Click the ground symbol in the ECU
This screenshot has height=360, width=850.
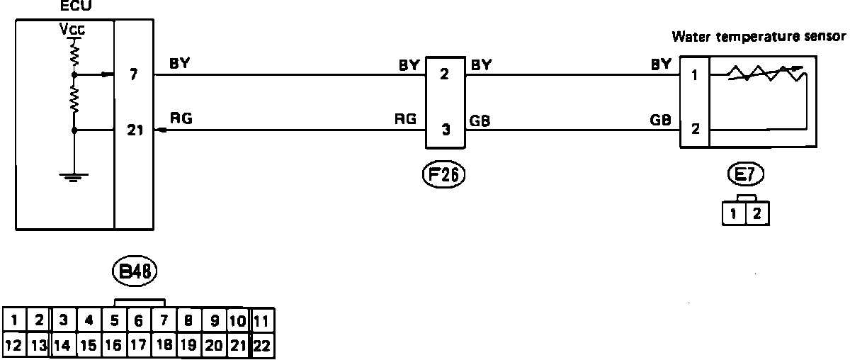click(73, 178)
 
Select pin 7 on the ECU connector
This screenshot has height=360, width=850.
click(134, 74)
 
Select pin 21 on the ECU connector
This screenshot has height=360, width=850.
click(134, 130)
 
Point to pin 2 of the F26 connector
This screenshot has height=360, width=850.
click(445, 74)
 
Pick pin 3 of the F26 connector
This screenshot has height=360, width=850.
click(445, 130)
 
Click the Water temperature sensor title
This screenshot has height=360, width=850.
click(759, 35)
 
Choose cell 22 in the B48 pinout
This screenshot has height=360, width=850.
click(261, 347)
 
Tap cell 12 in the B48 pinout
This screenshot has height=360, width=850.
click(15, 347)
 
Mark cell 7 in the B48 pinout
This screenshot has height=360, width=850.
click(164, 320)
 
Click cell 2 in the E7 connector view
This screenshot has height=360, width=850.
click(757, 213)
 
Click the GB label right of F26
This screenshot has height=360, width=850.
click(480, 120)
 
